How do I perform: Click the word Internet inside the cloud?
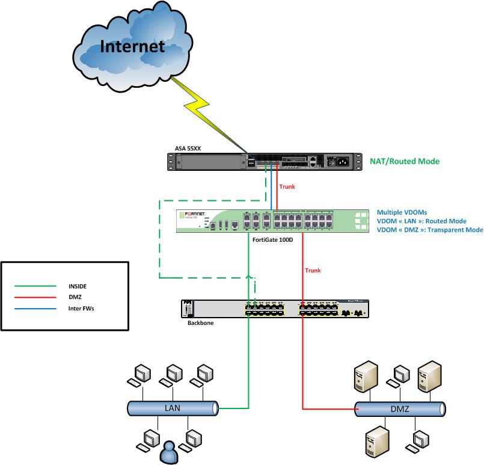tap(132, 46)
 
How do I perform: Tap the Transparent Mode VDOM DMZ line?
tap(430, 230)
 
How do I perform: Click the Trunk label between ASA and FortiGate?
tap(287, 186)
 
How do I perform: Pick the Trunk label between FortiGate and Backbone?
tap(313, 271)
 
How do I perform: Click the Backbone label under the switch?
tap(193, 323)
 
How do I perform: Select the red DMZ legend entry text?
tap(64, 297)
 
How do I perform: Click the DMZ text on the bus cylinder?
tap(399, 410)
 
